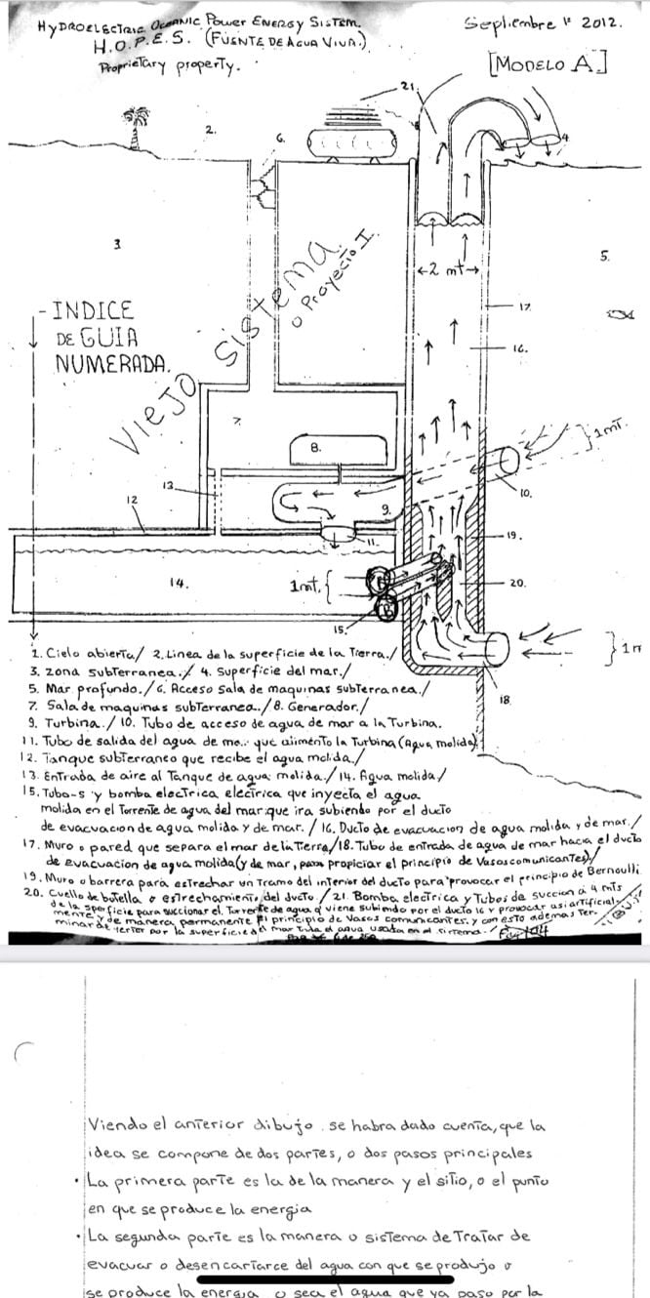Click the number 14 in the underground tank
[x=177, y=583]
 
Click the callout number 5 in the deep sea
[x=604, y=257]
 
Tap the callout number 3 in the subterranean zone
[x=116, y=245]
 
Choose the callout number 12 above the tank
[x=131, y=499]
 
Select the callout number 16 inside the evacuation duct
[x=520, y=346]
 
